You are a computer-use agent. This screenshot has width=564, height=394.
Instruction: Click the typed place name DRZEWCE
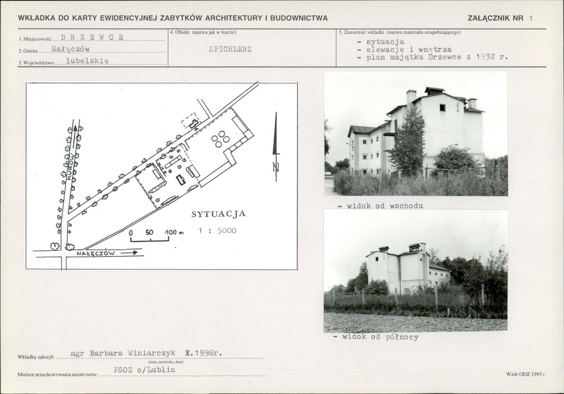[92, 37]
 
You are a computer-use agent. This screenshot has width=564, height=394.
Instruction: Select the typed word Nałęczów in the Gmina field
[71, 49]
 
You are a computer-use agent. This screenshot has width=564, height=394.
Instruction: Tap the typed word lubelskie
[87, 61]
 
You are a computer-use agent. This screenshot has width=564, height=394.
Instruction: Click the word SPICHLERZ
[230, 49]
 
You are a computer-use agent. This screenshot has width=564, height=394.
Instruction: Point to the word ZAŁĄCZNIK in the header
[495, 18]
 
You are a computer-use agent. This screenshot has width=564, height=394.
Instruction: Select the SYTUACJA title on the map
[218, 214]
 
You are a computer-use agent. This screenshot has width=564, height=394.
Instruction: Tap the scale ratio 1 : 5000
[217, 231]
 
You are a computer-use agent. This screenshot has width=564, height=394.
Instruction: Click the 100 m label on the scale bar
[174, 233]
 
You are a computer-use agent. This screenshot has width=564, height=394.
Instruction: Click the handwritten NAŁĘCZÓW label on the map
[95, 253]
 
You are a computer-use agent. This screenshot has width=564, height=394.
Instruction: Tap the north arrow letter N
[276, 167]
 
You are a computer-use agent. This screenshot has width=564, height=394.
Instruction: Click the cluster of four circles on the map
[220, 139]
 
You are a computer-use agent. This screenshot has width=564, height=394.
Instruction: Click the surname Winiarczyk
[151, 353]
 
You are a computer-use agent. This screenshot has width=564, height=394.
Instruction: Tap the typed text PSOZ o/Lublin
[144, 370]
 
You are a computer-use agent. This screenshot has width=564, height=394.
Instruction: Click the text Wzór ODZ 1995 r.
[525, 374]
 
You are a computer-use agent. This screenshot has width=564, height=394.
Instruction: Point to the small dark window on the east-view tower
[442, 108]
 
